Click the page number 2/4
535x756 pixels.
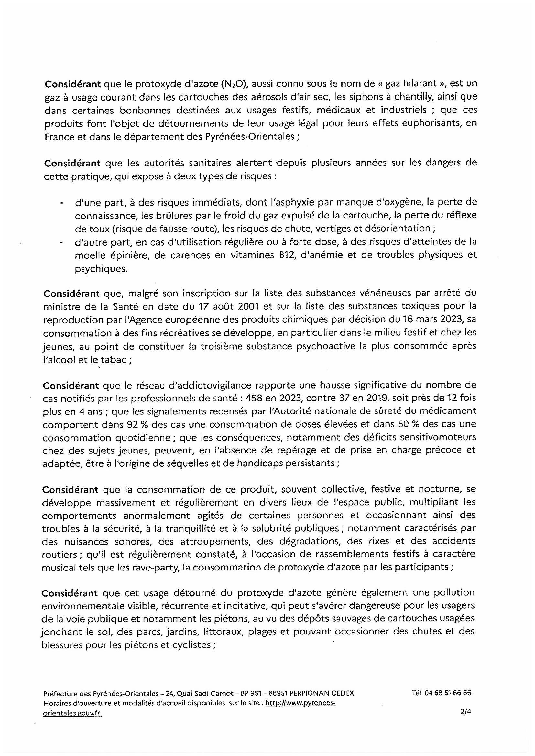click(x=466, y=710)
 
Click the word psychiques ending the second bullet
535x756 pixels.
click(x=101, y=269)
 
